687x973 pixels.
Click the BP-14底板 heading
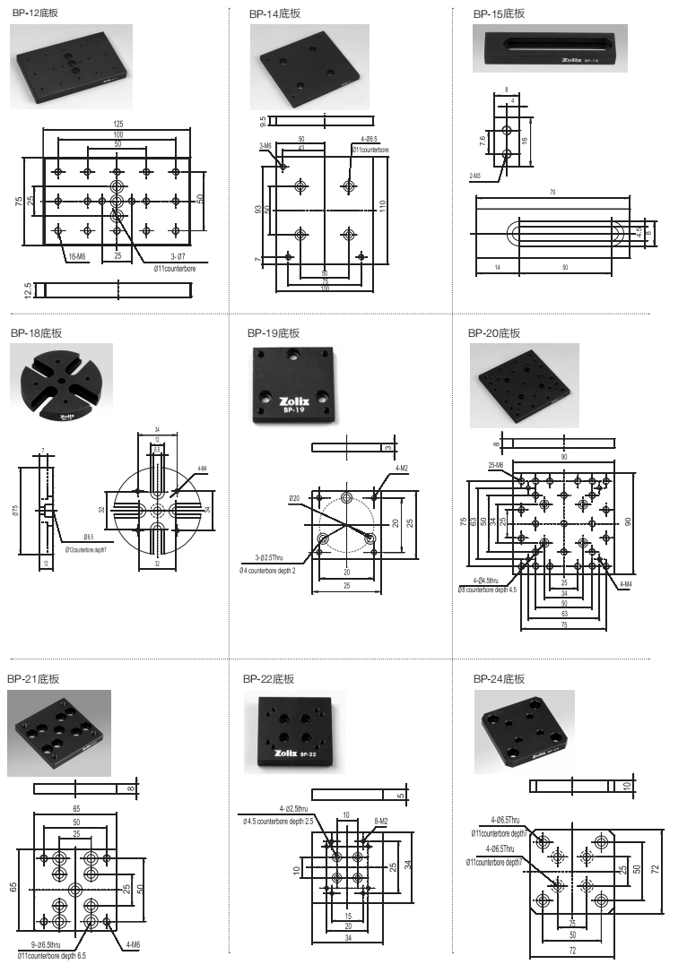click(x=275, y=13)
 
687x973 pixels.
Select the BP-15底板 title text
click(x=499, y=13)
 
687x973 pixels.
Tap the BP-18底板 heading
click(x=36, y=333)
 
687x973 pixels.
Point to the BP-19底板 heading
click(x=274, y=333)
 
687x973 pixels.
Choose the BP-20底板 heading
click(x=494, y=333)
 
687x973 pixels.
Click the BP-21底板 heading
click(x=33, y=679)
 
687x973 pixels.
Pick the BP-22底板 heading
click(x=268, y=679)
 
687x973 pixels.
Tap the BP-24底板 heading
click(x=499, y=679)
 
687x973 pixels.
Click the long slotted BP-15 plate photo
click(x=549, y=48)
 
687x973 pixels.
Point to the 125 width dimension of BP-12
click(x=117, y=123)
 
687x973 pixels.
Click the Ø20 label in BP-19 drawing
click(x=294, y=498)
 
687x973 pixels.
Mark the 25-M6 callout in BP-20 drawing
click(x=496, y=465)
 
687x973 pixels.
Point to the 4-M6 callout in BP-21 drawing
click(x=132, y=943)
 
